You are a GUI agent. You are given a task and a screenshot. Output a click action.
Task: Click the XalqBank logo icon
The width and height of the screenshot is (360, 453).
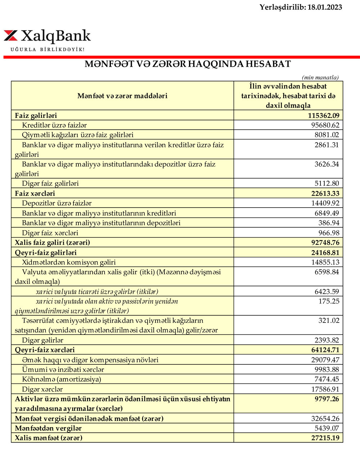11,36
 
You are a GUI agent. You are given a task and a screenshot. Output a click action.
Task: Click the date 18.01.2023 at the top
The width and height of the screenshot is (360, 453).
325,7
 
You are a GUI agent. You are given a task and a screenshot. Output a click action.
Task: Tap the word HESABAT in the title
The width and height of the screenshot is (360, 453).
268,64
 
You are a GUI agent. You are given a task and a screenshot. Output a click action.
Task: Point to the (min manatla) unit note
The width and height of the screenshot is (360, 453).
320,77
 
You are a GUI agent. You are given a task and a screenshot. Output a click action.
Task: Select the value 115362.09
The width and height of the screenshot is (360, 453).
323,116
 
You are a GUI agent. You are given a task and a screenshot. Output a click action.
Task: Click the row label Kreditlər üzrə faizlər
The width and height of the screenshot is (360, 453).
54,125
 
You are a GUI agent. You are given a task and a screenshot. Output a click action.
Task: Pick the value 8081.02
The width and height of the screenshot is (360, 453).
327,135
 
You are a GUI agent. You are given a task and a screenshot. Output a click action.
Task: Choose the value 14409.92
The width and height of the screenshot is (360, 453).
325,203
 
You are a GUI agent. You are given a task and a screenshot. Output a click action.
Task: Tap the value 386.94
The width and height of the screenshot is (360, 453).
328,223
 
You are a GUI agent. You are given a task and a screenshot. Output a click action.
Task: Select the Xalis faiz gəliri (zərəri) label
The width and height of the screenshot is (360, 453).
52,243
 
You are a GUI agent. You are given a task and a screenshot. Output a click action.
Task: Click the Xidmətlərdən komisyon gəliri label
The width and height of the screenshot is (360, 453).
69,262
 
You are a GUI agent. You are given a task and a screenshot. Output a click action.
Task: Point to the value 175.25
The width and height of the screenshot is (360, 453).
328,301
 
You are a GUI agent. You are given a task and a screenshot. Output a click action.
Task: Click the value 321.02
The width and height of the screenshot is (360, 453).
328,321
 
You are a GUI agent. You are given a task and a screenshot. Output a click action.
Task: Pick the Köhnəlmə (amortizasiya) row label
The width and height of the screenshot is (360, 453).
62,379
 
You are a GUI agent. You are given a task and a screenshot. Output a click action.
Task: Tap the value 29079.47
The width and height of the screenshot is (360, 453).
325,360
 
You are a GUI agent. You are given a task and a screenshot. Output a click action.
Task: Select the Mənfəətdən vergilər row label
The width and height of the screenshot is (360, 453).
48,428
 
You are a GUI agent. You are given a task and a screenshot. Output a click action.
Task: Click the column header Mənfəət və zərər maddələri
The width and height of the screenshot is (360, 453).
122,96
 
